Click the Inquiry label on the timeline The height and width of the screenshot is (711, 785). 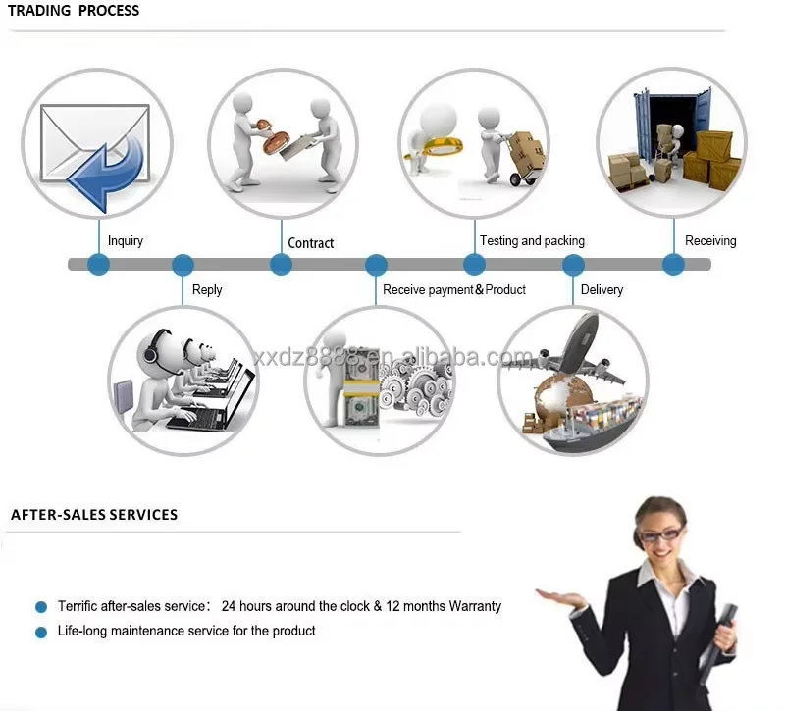(x=125, y=241)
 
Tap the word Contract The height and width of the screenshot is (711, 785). (x=310, y=243)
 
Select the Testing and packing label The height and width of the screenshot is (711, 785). (x=532, y=241)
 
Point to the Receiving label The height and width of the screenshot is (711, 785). (x=710, y=241)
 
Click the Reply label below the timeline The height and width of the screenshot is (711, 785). (x=207, y=290)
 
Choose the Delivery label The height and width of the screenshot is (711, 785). (x=602, y=290)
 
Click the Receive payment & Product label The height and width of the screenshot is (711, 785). (x=454, y=290)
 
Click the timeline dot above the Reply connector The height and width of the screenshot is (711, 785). (x=183, y=265)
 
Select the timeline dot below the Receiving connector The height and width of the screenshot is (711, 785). (x=673, y=264)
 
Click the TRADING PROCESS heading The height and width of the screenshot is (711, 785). (x=74, y=11)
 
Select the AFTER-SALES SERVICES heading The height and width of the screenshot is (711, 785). (x=94, y=514)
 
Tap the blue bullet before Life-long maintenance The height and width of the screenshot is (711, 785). (x=40, y=633)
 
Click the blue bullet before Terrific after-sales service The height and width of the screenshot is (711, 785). (x=40, y=607)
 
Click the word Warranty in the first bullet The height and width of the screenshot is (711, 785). (x=475, y=606)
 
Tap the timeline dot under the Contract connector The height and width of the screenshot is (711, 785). (x=281, y=265)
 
